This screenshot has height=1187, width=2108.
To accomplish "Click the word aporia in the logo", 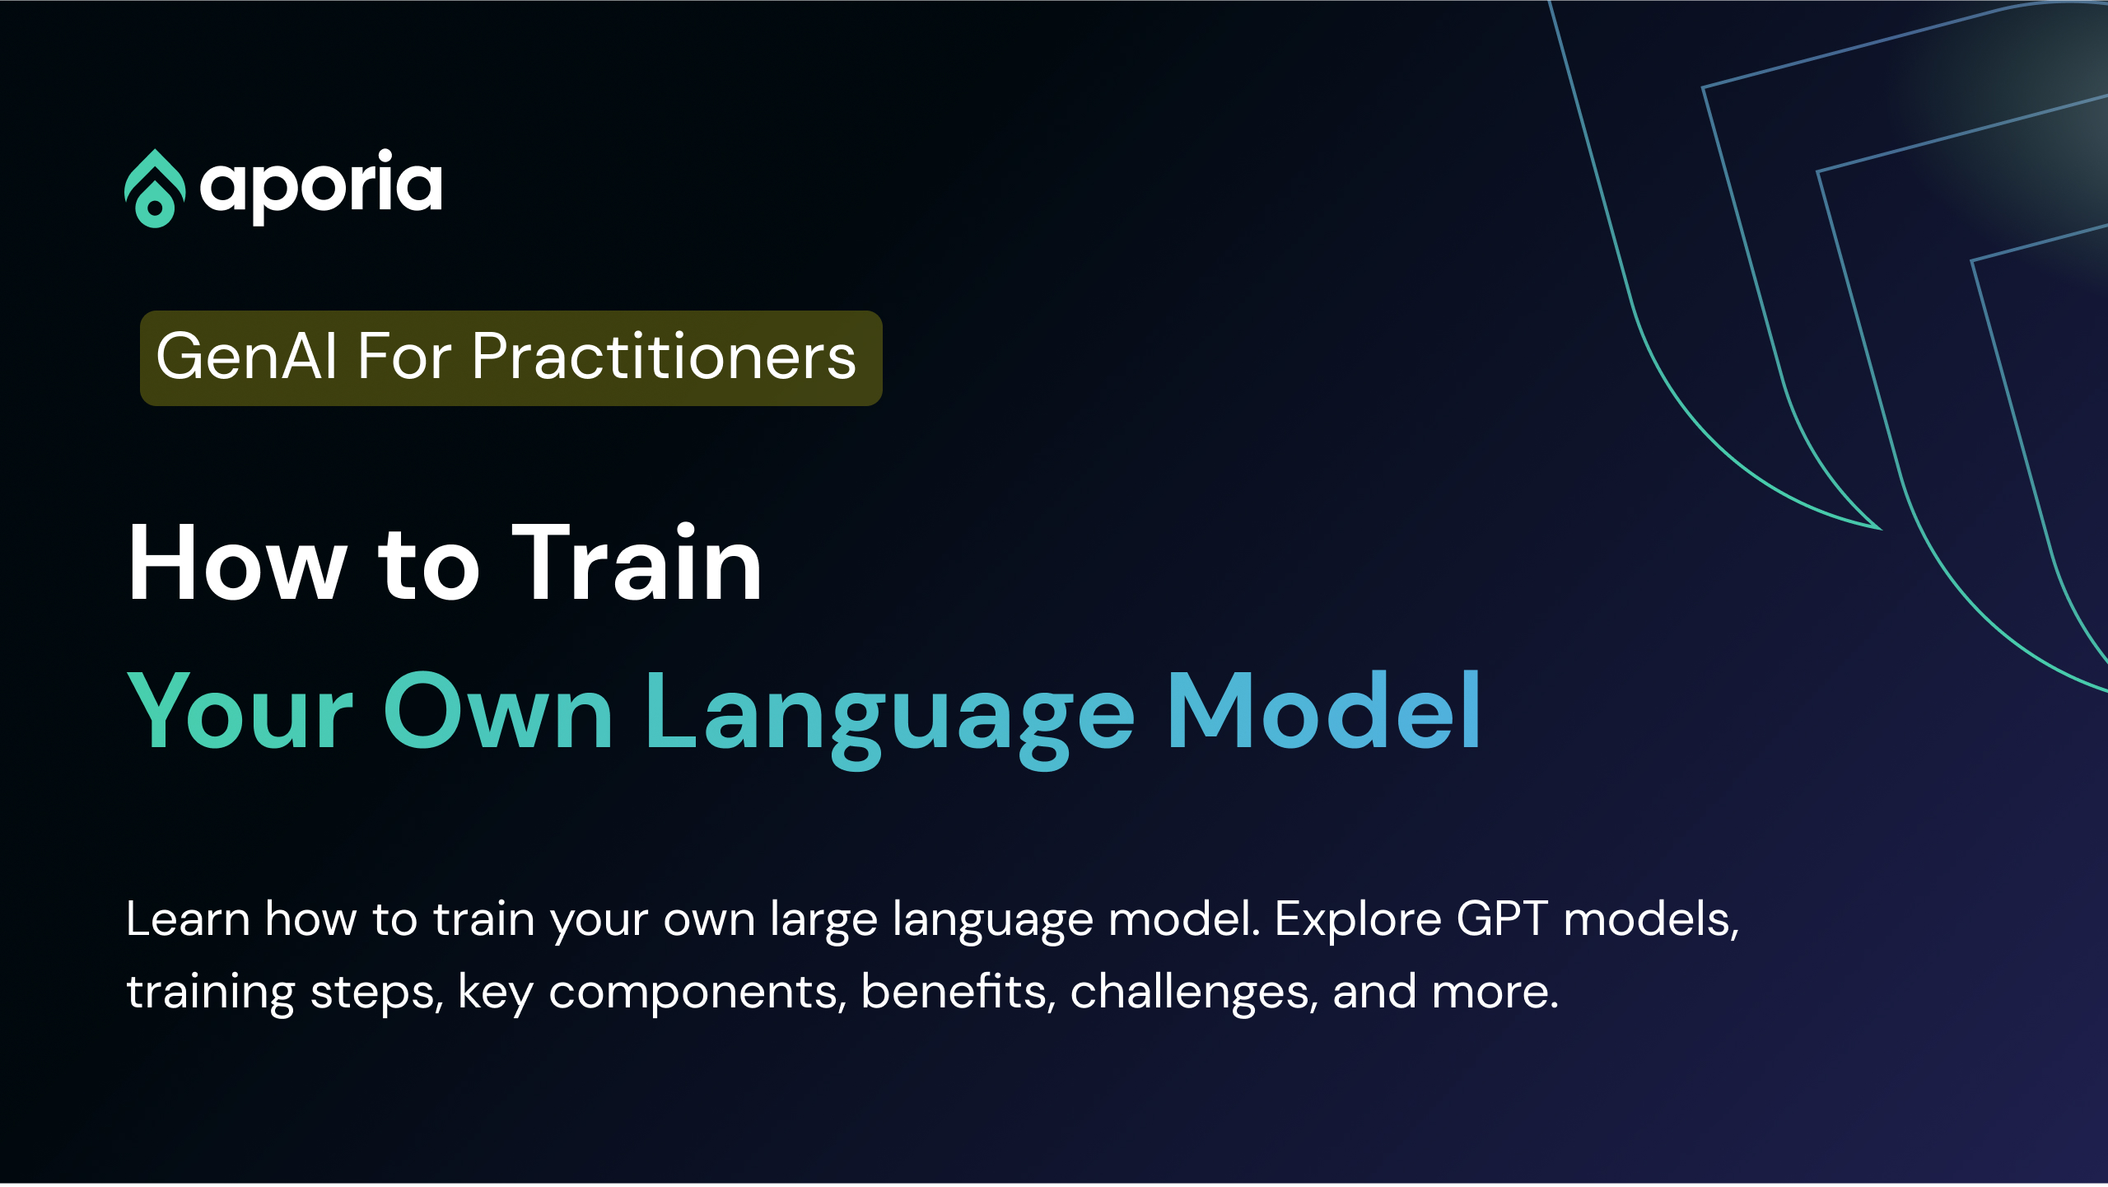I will tap(321, 186).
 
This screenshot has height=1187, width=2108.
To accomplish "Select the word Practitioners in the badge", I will tap(664, 358).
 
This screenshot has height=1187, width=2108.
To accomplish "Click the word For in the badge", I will tap(404, 358).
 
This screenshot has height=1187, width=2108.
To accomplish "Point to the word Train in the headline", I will tap(637, 565).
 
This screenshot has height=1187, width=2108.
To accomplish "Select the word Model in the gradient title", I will tap(1324, 712).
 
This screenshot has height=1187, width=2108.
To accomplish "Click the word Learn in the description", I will tap(188, 919).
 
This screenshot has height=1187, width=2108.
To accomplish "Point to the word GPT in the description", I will tap(1502, 919).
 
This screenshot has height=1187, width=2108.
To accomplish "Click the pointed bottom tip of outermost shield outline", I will tap(1878, 527).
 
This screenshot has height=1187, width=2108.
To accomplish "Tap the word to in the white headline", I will tap(428, 565).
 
